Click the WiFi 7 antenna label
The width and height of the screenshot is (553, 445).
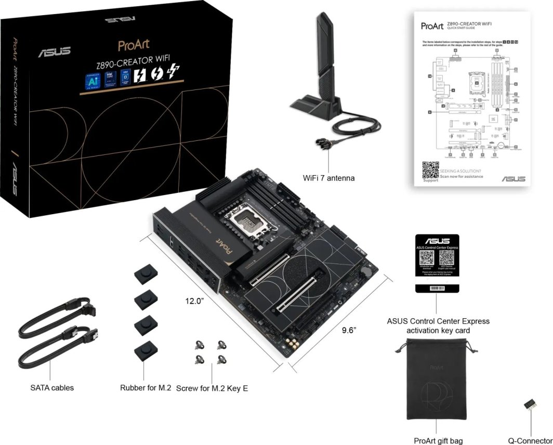click(328, 178)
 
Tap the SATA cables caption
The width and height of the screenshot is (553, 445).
click(52, 387)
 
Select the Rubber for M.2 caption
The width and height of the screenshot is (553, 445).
click(146, 387)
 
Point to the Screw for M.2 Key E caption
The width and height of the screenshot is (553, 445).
click(212, 388)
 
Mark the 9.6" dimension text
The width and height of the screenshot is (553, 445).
click(349, 330)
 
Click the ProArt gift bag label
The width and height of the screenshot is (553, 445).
click(438, 441)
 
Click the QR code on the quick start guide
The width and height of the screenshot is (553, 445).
click(430, 171)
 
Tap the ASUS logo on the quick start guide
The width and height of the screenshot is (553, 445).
click(513, 178)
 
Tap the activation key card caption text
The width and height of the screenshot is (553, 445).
click(438, 326)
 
